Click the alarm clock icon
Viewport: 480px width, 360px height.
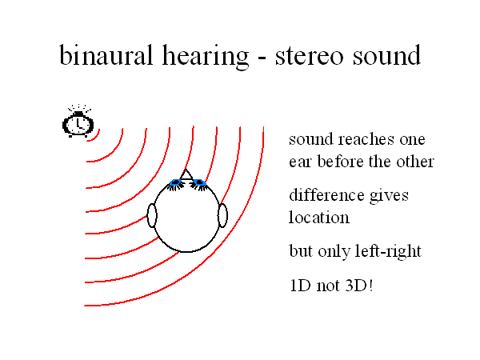(x=78, y=122)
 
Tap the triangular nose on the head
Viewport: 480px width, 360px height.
(x=186, y=174)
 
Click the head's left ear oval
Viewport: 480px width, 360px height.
(x=152, y=215)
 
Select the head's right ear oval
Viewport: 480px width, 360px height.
(x=222, y=215)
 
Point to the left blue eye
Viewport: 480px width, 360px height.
(x=176, y=182)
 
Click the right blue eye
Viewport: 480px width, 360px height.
(x=199, y=182)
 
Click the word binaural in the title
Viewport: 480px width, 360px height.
(x=106, y=55)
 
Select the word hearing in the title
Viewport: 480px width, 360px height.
(x=205, y=58)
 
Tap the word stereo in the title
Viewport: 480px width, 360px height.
(x=309, y=57)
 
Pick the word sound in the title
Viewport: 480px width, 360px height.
(x=386, y=55)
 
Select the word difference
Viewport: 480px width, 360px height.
(x=327, y=194)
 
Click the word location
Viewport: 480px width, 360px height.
(x=319, y=217)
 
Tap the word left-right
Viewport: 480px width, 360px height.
(x=388, y=251)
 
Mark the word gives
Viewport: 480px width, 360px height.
(x=389, y=196)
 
